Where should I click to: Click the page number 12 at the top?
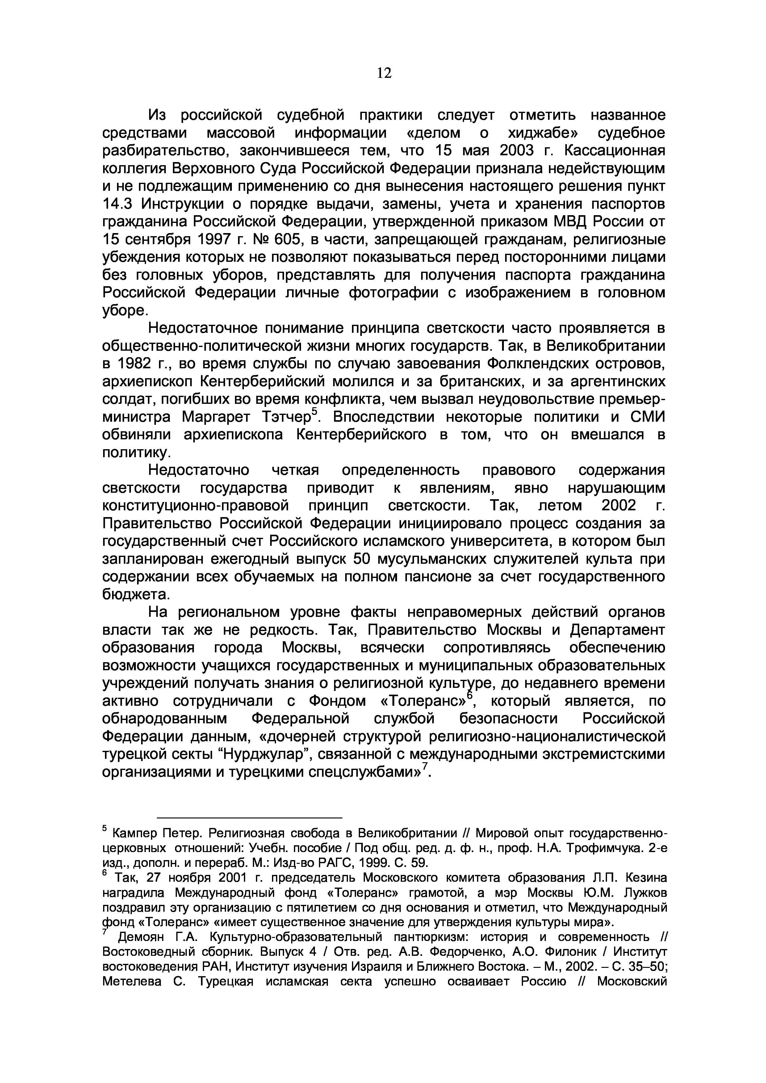(384, 73)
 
